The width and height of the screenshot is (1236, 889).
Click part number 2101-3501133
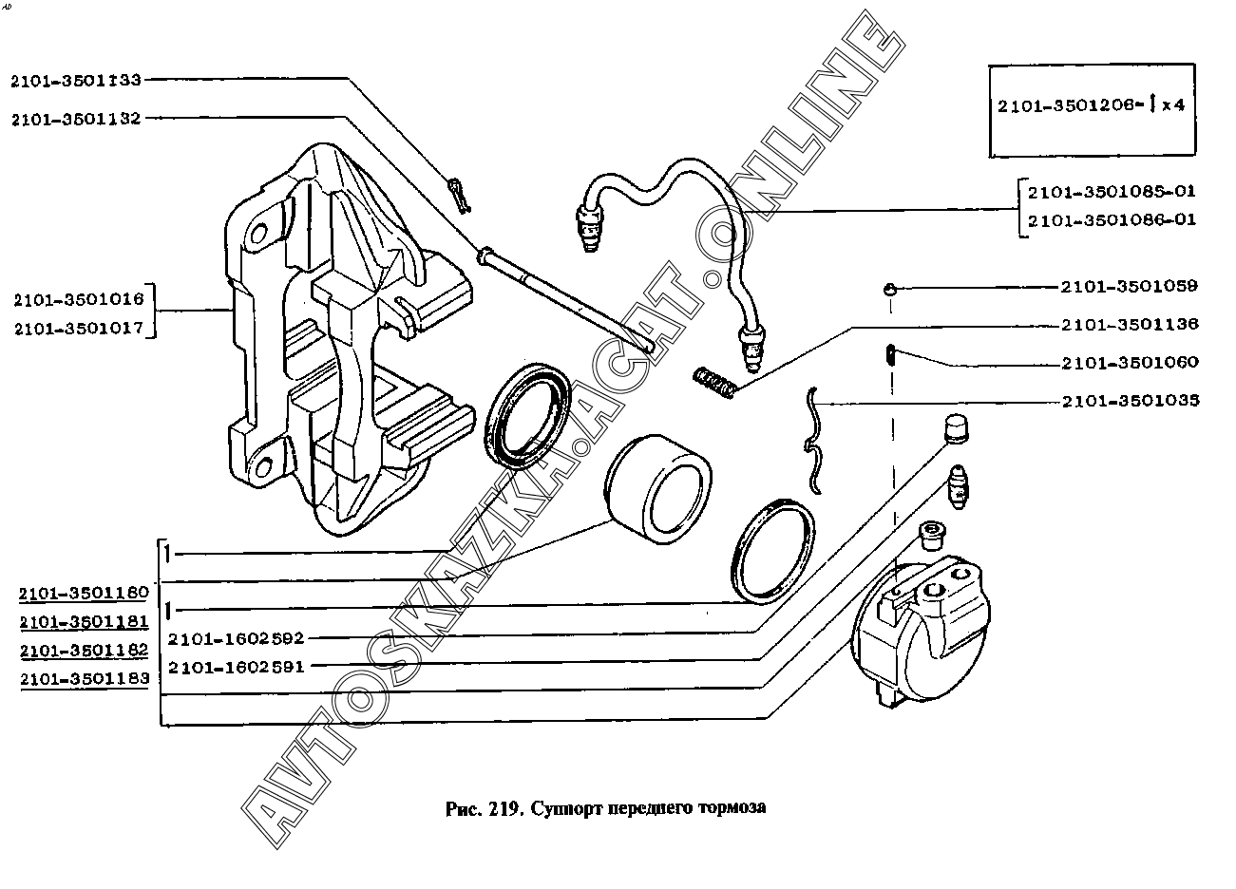click(x=76, y=81)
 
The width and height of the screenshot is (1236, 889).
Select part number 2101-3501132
click(x=76, y=119)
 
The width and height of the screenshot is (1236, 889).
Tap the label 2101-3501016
click(x=79, y=299)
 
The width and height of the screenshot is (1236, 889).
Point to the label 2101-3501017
click(x=79, y=329)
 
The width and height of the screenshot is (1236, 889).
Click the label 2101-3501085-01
click(x=1112, y=191)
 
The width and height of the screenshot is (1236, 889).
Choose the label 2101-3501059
click(x=1130, y=286)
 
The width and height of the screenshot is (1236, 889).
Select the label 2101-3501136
click(x=1130, y=324)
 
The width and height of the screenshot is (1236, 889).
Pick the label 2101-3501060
click(x=1131, y=362)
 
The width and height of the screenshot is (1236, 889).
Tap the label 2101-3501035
click(x=1131, y=401)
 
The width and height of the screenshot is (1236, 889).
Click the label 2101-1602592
click(x=237, y=638)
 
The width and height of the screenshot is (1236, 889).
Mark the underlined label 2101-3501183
click(x=85, y=679)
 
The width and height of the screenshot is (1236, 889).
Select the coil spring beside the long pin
click(x=715, y=382)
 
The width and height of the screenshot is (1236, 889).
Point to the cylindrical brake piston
click(x=657, y=488)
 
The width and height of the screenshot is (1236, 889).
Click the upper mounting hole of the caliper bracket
click(x=258, y=233)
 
